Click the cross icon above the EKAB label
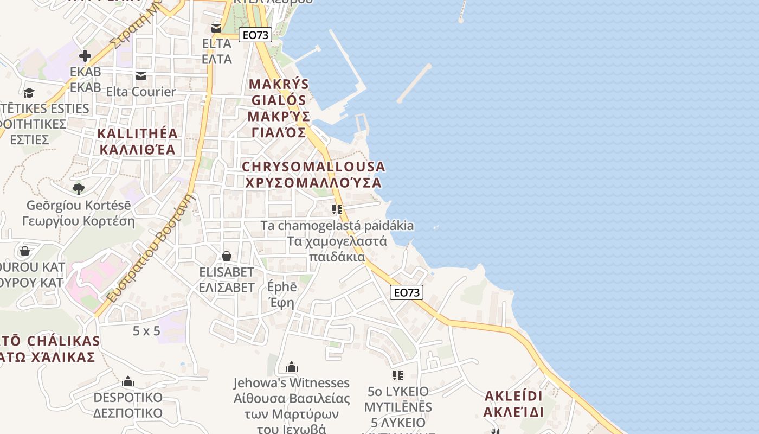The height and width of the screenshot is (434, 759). click(85, 55)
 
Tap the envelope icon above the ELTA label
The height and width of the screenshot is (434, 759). click(216, 28)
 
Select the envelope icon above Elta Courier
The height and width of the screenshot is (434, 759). click(141, 75)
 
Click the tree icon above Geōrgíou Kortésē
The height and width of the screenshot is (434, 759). click(79, 189)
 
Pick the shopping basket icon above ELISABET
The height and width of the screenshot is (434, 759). click(227, 256)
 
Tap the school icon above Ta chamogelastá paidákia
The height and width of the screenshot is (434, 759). click(337, 209)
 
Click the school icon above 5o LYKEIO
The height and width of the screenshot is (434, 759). click(398, 375)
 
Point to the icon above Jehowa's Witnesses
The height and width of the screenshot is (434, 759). click(292, 367)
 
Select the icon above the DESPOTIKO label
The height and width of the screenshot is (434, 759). click(128, 381)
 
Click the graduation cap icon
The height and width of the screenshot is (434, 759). click(29, 93)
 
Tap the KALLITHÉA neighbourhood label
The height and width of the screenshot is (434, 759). click(138, 141)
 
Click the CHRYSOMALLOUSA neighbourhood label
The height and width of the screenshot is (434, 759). click(313, 174)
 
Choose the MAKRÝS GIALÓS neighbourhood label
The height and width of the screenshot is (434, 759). click(279, 108)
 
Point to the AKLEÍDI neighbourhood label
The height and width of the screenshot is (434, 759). click(513, 403)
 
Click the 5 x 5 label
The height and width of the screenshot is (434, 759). click(146, 330)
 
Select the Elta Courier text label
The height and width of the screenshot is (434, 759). click(141, 91)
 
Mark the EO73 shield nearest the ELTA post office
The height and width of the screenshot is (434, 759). click(255, 35)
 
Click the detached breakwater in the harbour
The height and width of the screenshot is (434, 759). click(414, 83)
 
